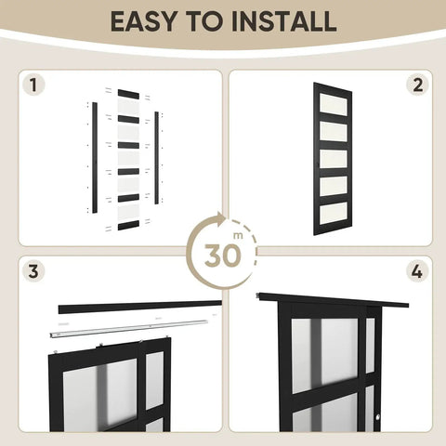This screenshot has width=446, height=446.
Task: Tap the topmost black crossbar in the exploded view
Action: click(127, 94)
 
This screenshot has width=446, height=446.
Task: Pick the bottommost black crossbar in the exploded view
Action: click(127, 226)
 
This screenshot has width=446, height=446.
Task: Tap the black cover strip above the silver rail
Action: click(139, 306)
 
